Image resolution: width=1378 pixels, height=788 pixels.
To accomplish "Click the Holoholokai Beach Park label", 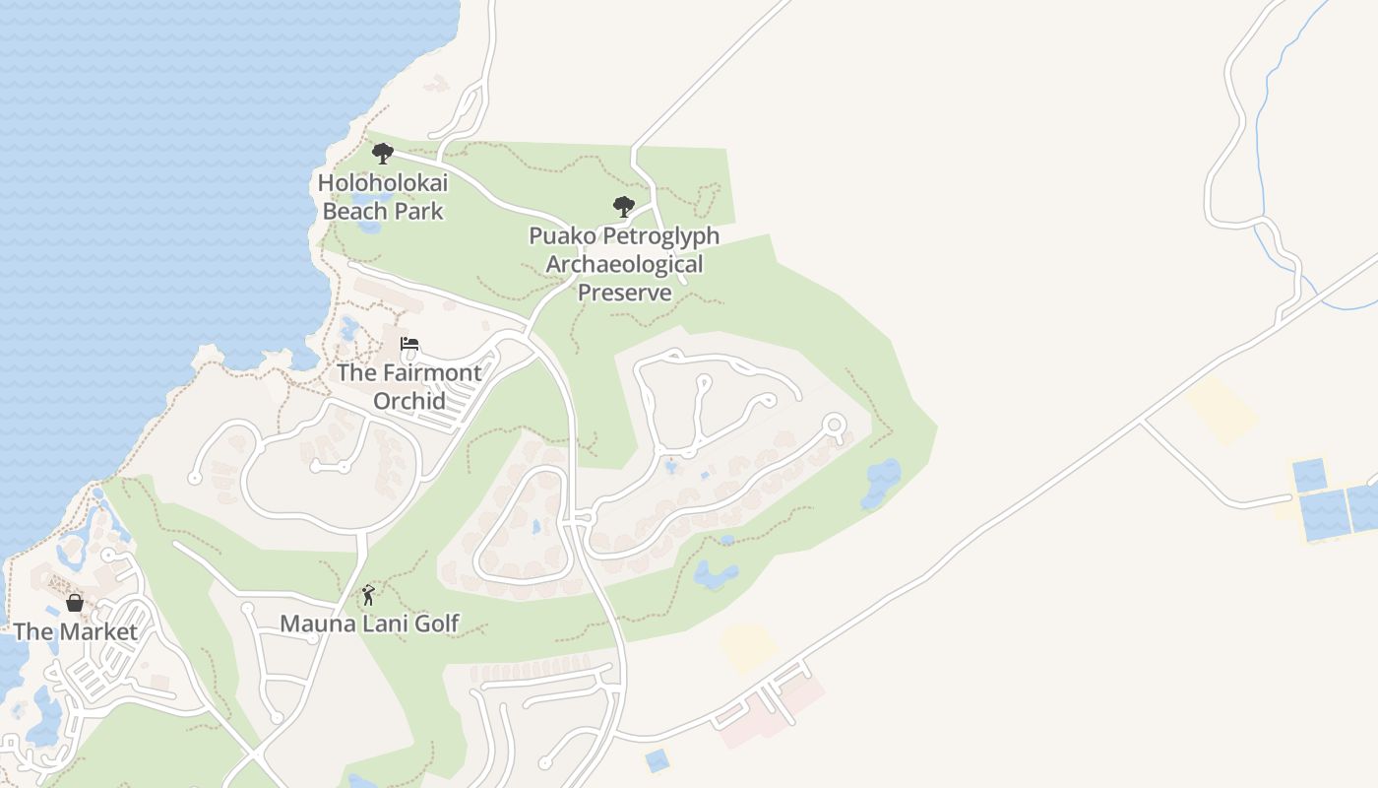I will tap(383, 197).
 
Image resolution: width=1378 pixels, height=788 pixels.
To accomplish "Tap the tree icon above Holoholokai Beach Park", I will tap(383, 154).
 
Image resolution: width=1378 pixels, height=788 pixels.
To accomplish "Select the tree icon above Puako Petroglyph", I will tap(624, 207).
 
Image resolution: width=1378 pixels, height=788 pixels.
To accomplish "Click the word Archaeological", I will tap(624, 264).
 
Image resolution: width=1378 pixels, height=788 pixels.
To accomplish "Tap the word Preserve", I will tap(624, 293).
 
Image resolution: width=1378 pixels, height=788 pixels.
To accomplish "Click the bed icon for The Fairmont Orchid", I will tap(409, 344).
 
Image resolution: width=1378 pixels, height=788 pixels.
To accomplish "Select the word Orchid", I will tap(409, 401).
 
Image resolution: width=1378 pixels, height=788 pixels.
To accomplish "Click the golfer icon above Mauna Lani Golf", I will tap(368, 595).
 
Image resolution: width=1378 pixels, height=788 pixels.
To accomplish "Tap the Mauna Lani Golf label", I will tap(369, 624).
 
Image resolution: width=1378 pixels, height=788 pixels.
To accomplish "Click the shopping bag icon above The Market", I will tap(75, 603).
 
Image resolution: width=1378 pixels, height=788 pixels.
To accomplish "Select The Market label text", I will tap(76, 632).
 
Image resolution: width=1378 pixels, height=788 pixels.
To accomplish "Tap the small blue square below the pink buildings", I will tap(657, 759).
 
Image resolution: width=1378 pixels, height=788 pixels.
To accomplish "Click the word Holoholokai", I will tap(383, 182).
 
